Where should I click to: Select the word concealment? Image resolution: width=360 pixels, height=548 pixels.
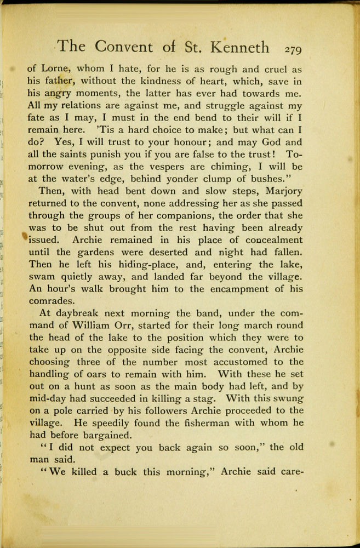click(x=267, y=239)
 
